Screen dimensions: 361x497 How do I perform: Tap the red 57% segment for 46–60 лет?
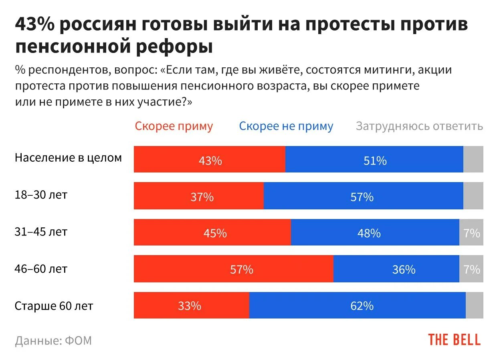pyautogui.click(x=233, y=269)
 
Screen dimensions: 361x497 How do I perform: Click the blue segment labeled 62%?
pyautogui.click(x=357, y=305)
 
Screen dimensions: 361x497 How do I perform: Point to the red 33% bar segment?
pyautogui.click(x=191, y=305)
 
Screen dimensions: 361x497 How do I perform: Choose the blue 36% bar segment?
pyautogui.click(x=396, y=269)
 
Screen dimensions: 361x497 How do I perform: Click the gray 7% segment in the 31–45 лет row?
pyautogui.click(x=471, y=232)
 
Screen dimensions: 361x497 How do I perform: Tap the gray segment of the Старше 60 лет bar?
pyautogui.click(x=474, y=305)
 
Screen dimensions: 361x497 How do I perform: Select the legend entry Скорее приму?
pyautogui.click(x=174, y=126)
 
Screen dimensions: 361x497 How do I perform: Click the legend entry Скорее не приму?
pyautogui.click(x=286, y=126)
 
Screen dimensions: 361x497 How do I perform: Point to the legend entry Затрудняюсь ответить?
pyautogui.click(x=419, y=126)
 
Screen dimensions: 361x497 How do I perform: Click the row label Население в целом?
pyautogui.click(x=68, y=158)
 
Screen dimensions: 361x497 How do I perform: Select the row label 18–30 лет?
pyautogui.click(x=41, y=195)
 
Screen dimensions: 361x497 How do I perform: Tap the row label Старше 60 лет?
pyautogui.click(x=54, y=306)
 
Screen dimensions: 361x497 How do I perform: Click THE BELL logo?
pyautogui.click(x=454, y=339)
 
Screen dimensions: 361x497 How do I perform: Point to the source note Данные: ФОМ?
pyautogui.click(x=53, y=341)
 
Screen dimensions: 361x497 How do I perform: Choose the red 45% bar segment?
pyautogui.click(x=212, y=232)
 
